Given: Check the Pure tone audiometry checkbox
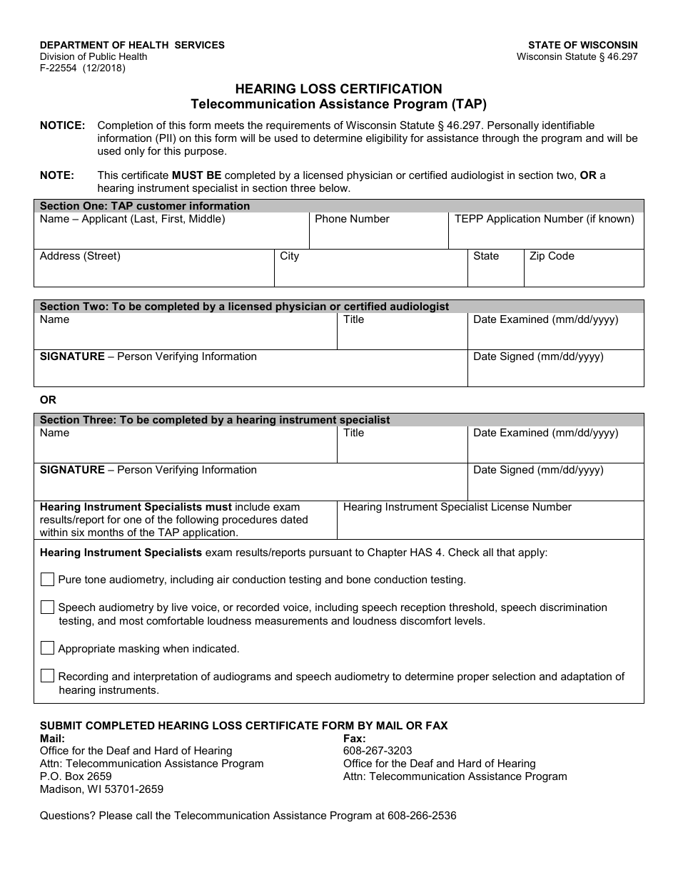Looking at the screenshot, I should pyautogui.click(x=47, y=580).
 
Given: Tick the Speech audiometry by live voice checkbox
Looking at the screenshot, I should pyautogui.click(x=47, y=607).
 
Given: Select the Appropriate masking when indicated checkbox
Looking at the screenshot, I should pyautogui.click(x=47, y=648).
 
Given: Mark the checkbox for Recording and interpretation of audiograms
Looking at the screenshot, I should pyautogui.click(x=47, y=676).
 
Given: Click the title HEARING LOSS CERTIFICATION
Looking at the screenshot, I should pyautogui.click(x=338, y=89).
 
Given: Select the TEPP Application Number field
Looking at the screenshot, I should pyautogui.click(x=546, y=235).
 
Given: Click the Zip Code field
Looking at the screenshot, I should pyautogui.click(x=583, y=273).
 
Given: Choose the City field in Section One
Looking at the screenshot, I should pyautogui.click(x=371, y=273).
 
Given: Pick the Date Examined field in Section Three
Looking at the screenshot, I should pyautogui.click(x=555, y=449).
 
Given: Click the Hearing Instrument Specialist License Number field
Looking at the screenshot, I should pyautogui.click(x=490, y=525).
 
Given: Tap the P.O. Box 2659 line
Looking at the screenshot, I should pyautogui.click(x=76, y=776).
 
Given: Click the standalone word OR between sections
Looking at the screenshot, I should pyautogui.click(x=48, y=400).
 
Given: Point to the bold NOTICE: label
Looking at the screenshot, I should pyautogui.click(x=62, y=125).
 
